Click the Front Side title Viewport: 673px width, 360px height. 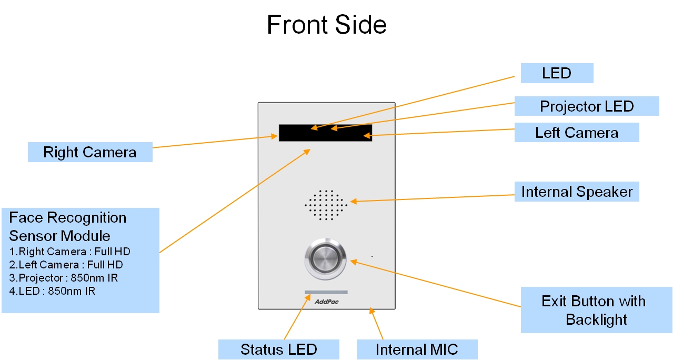[327, 25]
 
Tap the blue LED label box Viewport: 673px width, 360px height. [557, 73]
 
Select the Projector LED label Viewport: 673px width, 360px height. [586, 106]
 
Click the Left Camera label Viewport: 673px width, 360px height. [576, 133]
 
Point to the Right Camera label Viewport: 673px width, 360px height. [89, 153]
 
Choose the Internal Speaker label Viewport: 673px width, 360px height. [577, 192]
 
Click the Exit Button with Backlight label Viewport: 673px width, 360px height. [596, 310]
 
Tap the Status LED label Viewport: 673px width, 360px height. [278, 349]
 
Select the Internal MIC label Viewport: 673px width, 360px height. [417, 349]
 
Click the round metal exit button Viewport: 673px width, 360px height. [326, 259]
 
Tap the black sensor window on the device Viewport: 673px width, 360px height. [325, 133]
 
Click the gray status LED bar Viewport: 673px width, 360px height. [326, 292]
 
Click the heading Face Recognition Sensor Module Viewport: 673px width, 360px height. [68, 226]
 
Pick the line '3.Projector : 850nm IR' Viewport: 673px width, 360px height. [64, 278]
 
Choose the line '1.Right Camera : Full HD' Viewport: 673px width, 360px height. [70, 252]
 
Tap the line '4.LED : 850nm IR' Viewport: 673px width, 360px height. [53, 291]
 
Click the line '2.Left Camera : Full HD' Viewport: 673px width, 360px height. [66, 265]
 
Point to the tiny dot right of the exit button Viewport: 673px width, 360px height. [372, 257]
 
